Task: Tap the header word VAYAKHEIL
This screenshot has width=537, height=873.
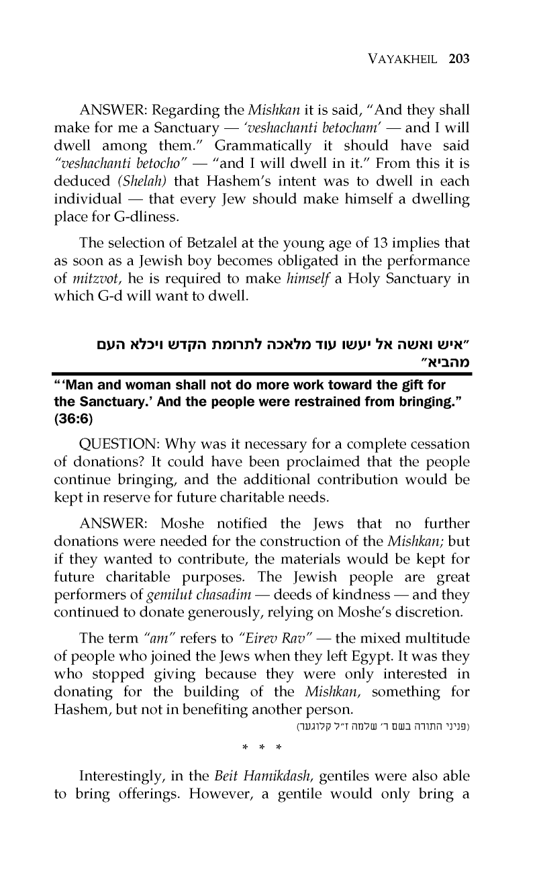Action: click(x=401, y=58)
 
